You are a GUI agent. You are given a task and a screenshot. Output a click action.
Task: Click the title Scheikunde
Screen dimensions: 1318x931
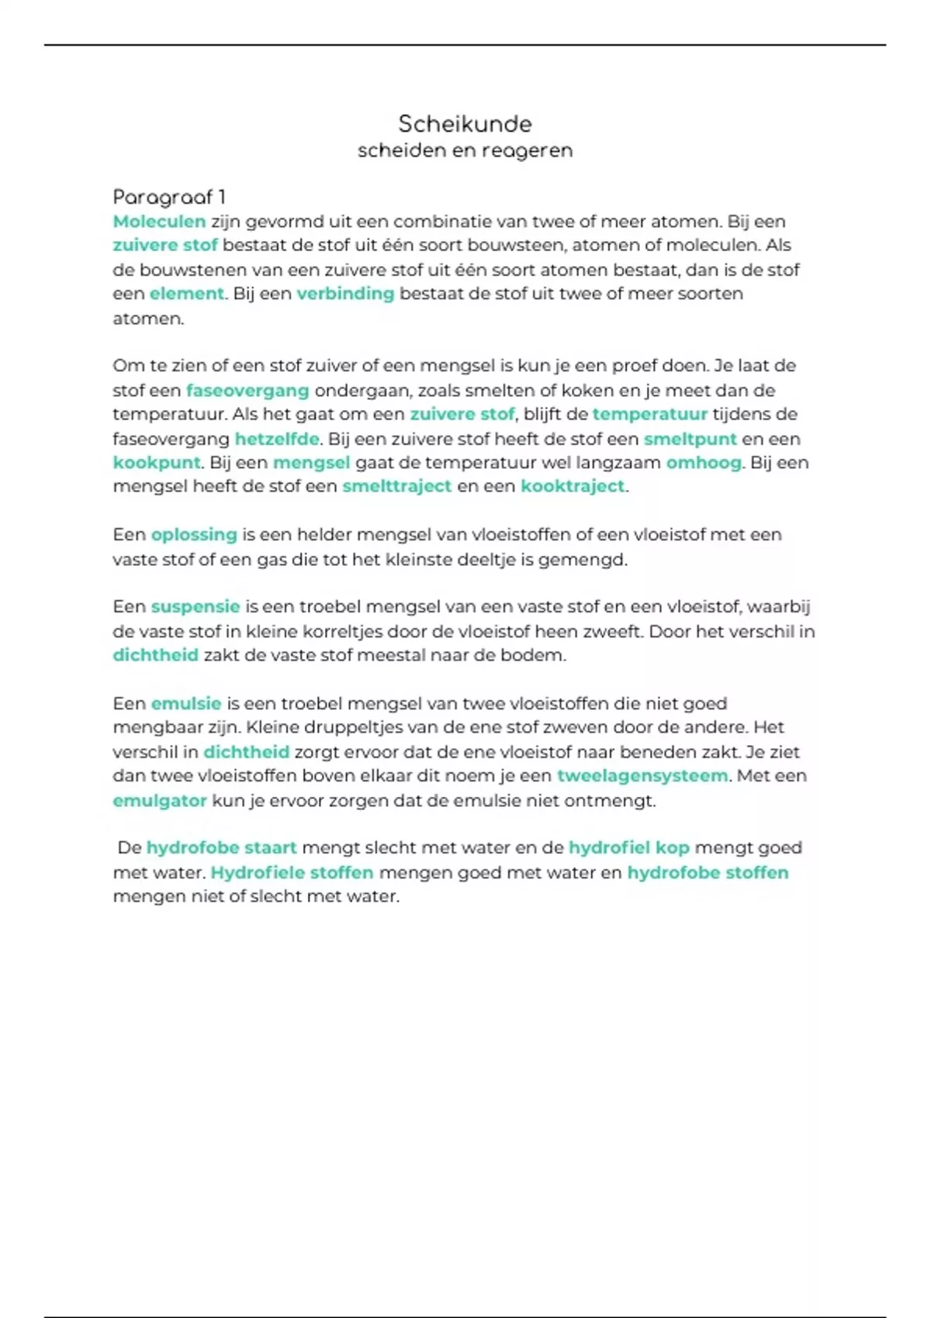(465, 124)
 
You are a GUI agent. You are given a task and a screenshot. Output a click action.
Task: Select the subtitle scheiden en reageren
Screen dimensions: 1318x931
(465, 150)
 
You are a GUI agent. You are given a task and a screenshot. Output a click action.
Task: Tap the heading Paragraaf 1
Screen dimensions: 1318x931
(169, 197)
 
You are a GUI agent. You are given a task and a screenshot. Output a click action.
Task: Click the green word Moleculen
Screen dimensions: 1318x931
(159, 222)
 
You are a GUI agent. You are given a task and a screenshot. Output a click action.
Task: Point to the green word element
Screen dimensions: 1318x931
(186, 294)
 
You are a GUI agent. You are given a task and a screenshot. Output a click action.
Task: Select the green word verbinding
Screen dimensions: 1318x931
(345, 294)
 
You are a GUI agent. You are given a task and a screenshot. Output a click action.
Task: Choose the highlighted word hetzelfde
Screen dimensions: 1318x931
(277, 439)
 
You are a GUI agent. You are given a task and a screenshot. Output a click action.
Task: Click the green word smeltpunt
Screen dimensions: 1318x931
(690, 439)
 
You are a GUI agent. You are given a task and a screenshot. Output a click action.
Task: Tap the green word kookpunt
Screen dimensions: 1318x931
(157, 463)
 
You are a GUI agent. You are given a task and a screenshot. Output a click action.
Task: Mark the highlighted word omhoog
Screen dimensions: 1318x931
(704, 463)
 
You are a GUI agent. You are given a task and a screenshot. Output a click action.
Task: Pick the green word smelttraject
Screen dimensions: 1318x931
(396, 486)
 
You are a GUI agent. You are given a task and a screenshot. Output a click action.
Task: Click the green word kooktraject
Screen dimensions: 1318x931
(573, 486)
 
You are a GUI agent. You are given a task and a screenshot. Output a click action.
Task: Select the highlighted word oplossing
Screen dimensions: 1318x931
(194, 535)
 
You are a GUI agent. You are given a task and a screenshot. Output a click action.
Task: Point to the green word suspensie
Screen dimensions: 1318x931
(196, 607)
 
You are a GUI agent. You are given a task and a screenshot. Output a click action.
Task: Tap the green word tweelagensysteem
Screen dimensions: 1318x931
(642, 776)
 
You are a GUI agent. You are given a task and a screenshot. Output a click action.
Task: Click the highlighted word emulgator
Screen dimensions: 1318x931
(160, 801)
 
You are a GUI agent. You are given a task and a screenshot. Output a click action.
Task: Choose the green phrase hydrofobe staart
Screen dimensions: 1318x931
(222, 848)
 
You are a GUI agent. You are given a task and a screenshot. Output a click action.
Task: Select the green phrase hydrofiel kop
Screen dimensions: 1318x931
(629, 848)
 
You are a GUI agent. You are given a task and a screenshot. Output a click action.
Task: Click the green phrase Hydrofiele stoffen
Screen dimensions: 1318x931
(292, 873)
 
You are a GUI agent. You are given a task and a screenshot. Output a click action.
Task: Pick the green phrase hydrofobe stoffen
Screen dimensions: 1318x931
(708, 873)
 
